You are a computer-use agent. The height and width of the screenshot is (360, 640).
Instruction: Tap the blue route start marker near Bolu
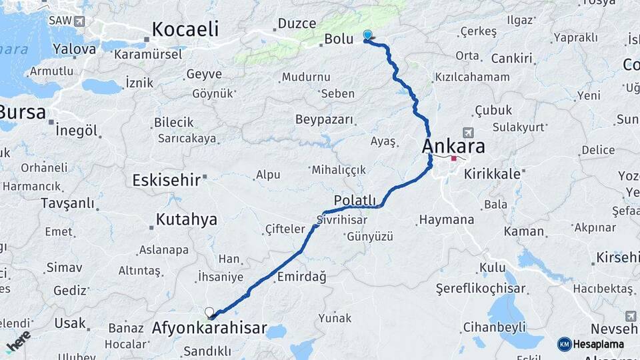click(367, 35)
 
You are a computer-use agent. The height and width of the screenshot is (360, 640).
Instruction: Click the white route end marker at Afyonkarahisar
click(209, 312)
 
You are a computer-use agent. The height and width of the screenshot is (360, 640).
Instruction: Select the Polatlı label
click(355, 201)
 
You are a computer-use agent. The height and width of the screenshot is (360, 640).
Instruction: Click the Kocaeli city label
click(185, 29)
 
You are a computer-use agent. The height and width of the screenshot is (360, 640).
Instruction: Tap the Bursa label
click(23, 111)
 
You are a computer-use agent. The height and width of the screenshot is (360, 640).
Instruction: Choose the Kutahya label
click(186, 219)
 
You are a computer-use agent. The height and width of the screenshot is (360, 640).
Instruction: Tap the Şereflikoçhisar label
click(480, 289)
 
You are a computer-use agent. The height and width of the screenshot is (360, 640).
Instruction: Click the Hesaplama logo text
click(599, 344)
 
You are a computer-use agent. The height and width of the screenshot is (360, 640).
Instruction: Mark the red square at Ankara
click(454, 159)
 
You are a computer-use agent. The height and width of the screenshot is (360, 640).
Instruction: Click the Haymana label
click(446, 219)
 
